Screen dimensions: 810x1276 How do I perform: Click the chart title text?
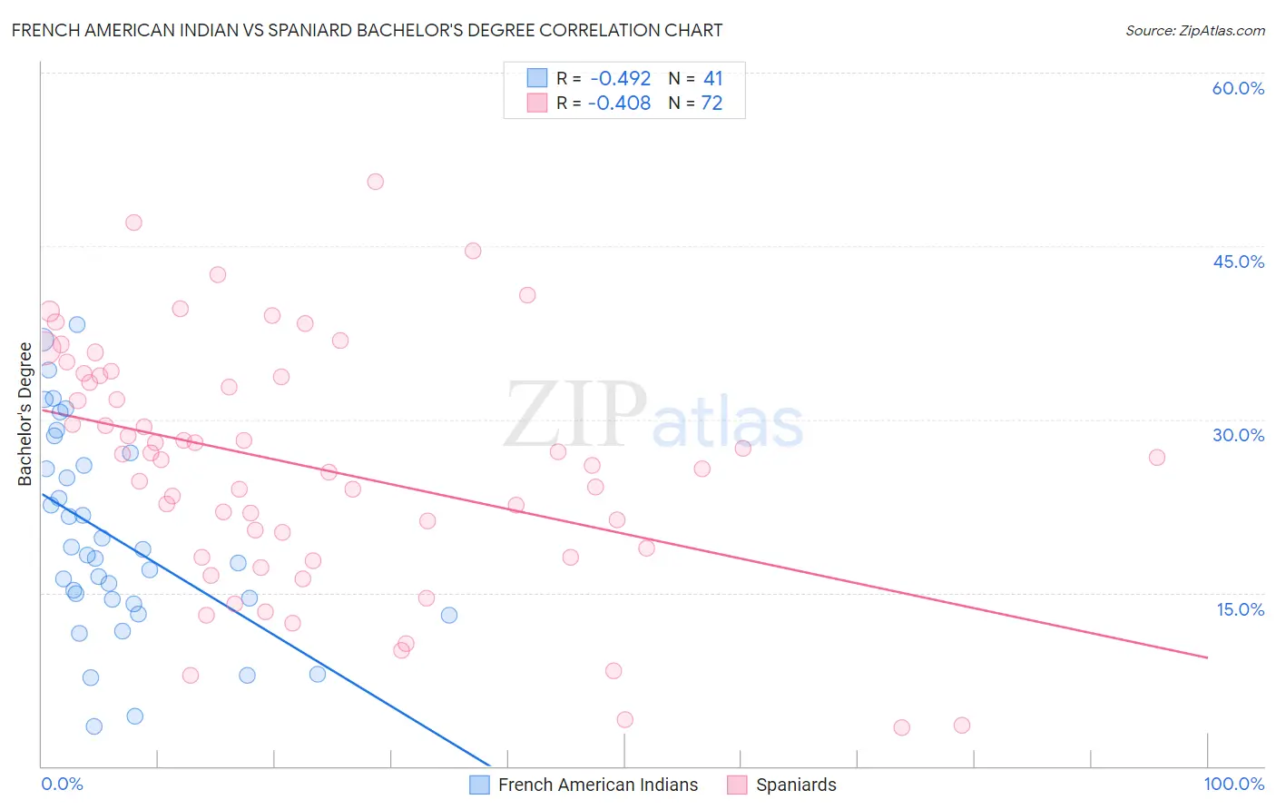[367, 30]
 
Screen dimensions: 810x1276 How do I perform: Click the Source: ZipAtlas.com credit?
[1194, 31]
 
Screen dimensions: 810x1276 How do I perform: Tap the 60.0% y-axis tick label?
[1238, 88]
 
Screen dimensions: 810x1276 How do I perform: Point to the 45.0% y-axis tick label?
[1238, 262]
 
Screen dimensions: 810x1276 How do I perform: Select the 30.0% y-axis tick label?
[1238, 435]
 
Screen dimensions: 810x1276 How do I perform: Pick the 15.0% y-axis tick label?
[1240, 609]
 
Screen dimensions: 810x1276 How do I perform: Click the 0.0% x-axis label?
[62, 784]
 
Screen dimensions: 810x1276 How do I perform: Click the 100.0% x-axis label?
[1233, 784]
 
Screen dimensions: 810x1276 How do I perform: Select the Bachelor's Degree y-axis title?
[25, 414]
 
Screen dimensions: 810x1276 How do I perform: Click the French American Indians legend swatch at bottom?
[479, 785]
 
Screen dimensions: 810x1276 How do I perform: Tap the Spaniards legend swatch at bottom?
[737, 785]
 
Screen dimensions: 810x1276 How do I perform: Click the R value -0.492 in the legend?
[620, 79]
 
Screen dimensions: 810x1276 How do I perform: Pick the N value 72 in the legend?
[712, 104]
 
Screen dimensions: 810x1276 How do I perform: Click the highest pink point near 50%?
[375, 182]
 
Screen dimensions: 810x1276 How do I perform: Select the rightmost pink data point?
[1156, 458]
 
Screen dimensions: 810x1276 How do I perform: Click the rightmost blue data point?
[448, 615]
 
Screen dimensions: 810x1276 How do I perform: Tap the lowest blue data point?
[93, 726]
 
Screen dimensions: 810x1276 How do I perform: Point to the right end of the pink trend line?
[1207, 657]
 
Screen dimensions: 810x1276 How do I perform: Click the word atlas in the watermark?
[728, 423]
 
